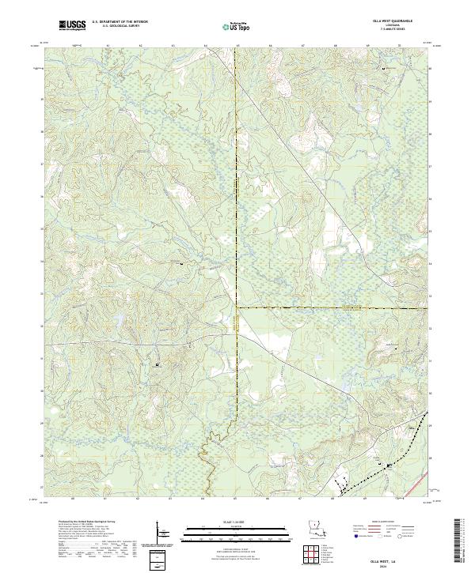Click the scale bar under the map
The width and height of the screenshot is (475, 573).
click(236, 531)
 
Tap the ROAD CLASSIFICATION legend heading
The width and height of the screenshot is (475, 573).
click(383, 523)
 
